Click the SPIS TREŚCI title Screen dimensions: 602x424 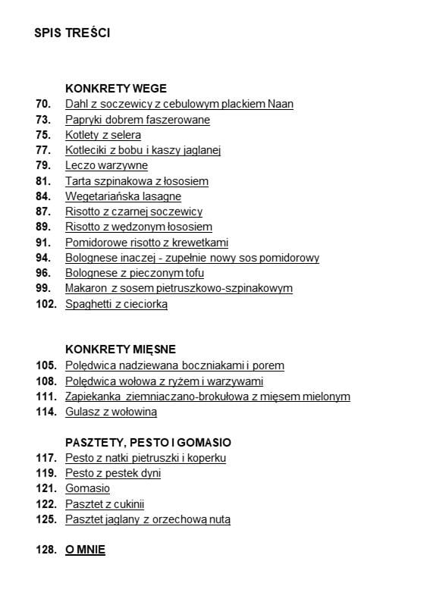coord(72,33)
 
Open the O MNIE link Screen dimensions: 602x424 coord(85,550)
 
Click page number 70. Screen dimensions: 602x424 coord(43,104)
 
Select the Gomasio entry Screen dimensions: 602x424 coord(87,488)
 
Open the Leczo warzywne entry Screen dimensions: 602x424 coord(106,165)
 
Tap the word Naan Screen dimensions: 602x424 coord(281,104)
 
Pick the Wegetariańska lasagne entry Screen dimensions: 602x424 coord(123,196)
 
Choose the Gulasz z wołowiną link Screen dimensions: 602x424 coord(111,412)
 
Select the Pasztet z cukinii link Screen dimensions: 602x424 coord(105,503)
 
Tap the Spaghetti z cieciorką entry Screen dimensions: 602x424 coord(116,304)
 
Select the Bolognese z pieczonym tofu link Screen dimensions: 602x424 coord(134,273)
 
